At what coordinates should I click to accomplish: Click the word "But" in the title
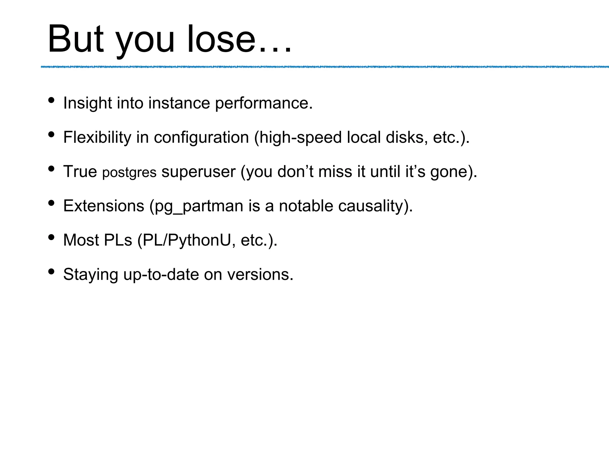tap(76, 39)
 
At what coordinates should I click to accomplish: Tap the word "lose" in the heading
tap(221, 39)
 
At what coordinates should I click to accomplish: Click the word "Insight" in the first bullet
tap(88, 103)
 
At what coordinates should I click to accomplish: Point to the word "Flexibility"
tap(97, 137)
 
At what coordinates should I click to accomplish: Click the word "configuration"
tap(201, 137)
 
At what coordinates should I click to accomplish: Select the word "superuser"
tap(198, 172)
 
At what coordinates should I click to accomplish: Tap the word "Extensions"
tap(103, 206)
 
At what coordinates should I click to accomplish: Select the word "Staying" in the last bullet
tap(91, 275)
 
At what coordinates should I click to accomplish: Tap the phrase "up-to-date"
tap(161, 275)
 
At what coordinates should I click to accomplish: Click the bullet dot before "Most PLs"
tap(51, 237)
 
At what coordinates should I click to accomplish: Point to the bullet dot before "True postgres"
tap(51, 169)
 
